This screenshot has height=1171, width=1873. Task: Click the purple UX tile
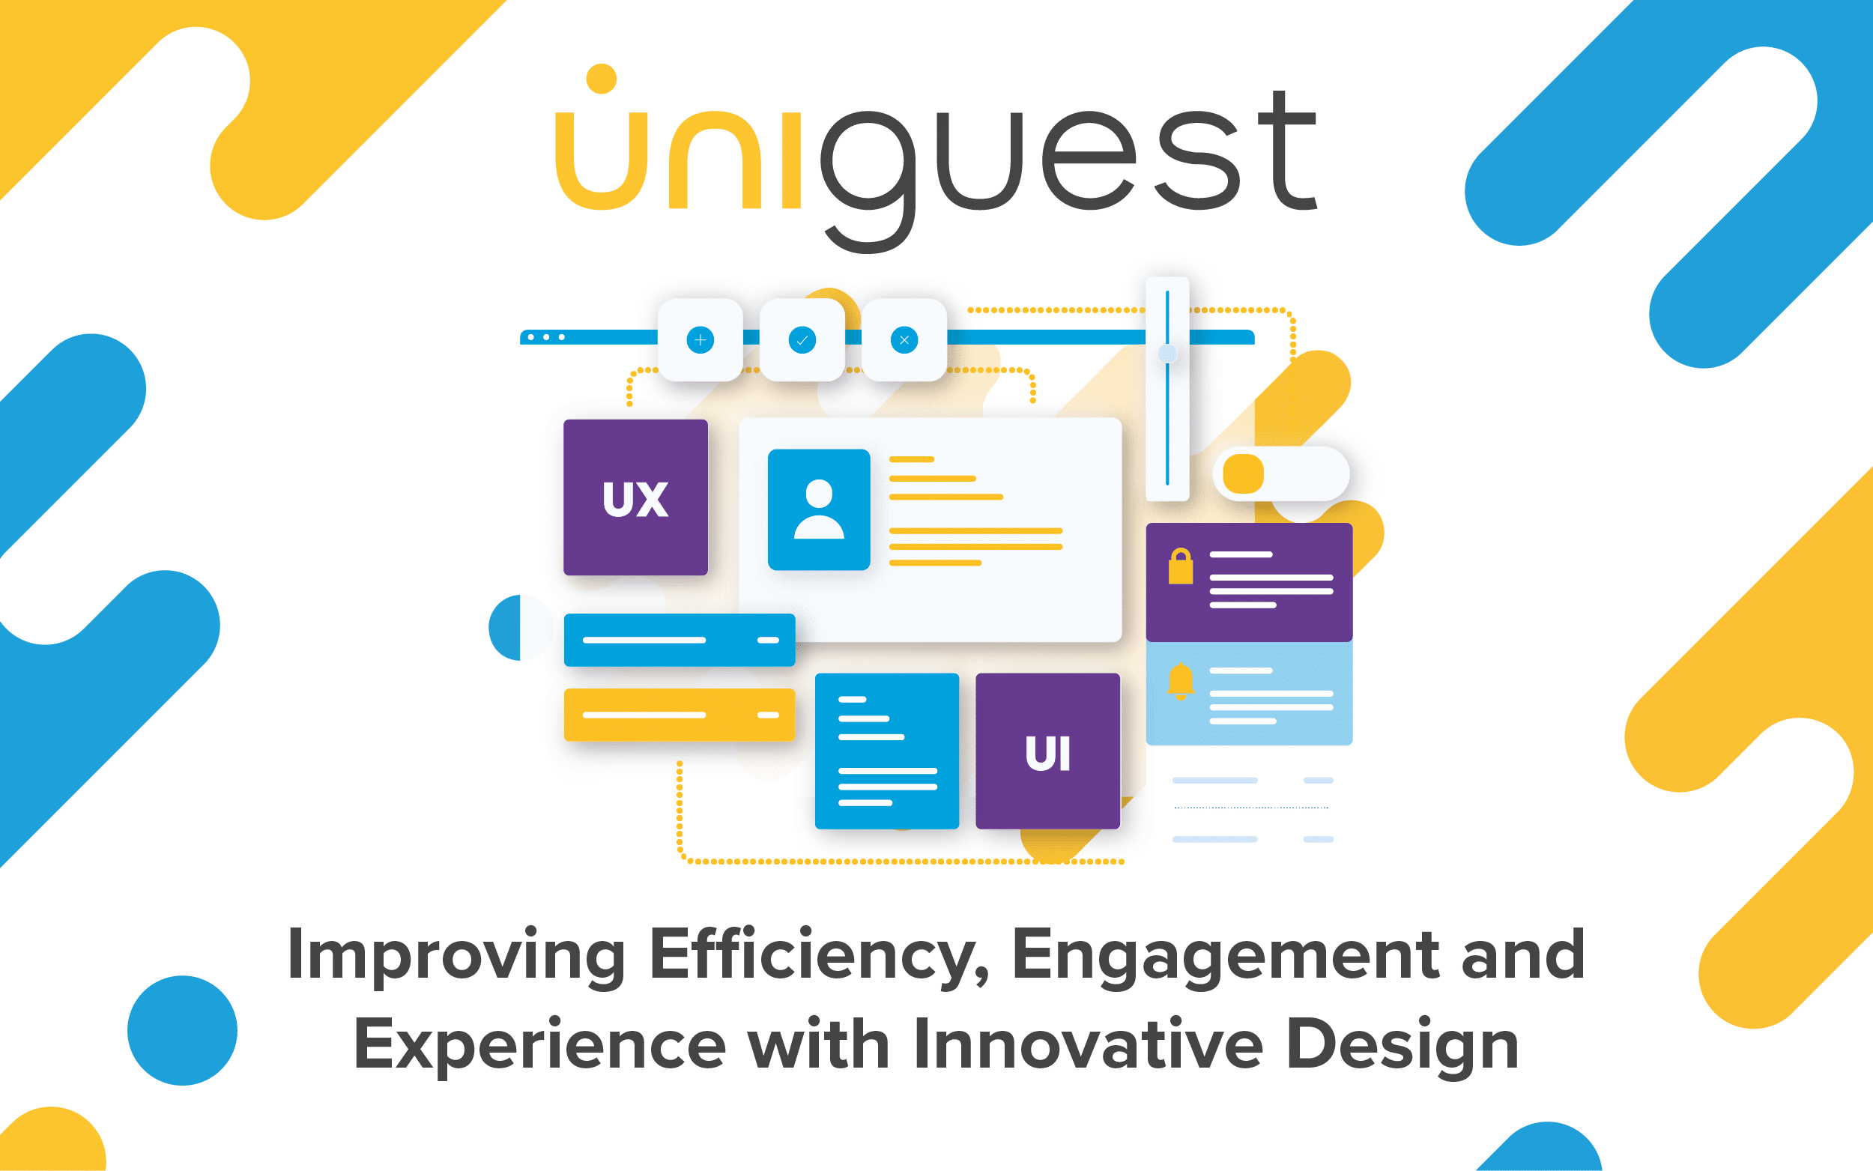[635, 497]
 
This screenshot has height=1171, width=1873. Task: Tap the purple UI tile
[1047, 751]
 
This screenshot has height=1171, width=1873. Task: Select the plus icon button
[700, 340]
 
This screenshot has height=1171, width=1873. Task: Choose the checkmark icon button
[802, 340]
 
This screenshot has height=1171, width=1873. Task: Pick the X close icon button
[904, 340]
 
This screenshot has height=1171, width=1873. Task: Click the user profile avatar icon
[818, 509]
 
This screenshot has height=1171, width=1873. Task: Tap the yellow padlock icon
[1180, 566]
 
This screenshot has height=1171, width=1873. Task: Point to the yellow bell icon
[1180, 682]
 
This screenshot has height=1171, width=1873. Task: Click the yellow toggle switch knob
[1243, 473]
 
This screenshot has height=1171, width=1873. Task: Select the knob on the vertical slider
[1167, 354]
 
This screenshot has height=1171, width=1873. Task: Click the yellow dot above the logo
[602, 79]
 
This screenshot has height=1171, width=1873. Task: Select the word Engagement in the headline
[1226, 957]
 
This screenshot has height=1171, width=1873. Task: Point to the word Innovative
[1089, 1045]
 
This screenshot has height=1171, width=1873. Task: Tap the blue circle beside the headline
[182, 1030]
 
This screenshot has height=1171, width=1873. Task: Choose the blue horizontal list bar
[679, 640]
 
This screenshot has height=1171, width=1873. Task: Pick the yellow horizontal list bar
[679, 715]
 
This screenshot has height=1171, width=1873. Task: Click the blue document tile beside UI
[886, 751]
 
